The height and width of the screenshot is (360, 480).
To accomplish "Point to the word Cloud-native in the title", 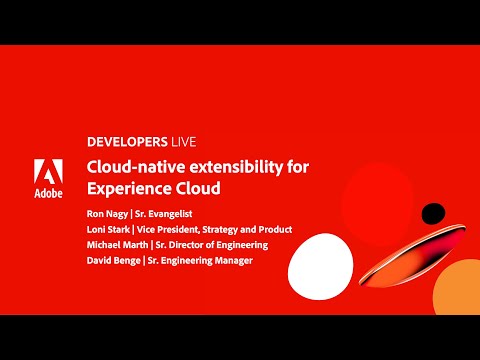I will [x=135, y=167].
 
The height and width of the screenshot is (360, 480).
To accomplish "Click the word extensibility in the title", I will [x=231, y=167].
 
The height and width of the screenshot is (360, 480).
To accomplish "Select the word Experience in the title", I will [x=127, y=187].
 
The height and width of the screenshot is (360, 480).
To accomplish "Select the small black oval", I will [x=432, y=213].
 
